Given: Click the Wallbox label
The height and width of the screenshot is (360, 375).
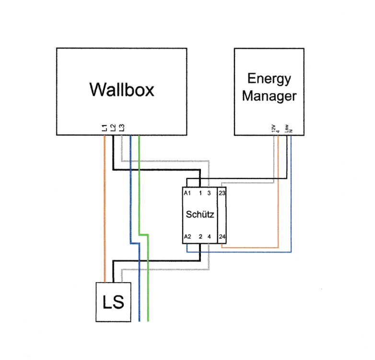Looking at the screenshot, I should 122,89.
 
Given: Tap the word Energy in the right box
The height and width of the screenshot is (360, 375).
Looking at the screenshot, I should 269,78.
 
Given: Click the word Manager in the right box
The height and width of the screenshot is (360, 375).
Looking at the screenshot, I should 269,96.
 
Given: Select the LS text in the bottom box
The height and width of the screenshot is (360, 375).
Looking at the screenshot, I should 114,303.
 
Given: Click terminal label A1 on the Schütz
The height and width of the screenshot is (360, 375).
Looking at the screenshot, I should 187,193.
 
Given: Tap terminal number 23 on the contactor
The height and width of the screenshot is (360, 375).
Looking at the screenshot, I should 222,193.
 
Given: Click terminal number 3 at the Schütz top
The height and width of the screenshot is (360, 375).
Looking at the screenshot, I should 209,193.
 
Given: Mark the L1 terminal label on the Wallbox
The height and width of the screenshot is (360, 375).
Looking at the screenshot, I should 105,128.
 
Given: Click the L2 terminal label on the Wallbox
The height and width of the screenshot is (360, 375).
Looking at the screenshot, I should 113,128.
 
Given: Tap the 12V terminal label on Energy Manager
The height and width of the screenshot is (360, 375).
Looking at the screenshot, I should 274,128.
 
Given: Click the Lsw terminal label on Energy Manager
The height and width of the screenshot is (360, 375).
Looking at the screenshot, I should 287,127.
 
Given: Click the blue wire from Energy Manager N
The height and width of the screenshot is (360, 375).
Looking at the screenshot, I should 291,202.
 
